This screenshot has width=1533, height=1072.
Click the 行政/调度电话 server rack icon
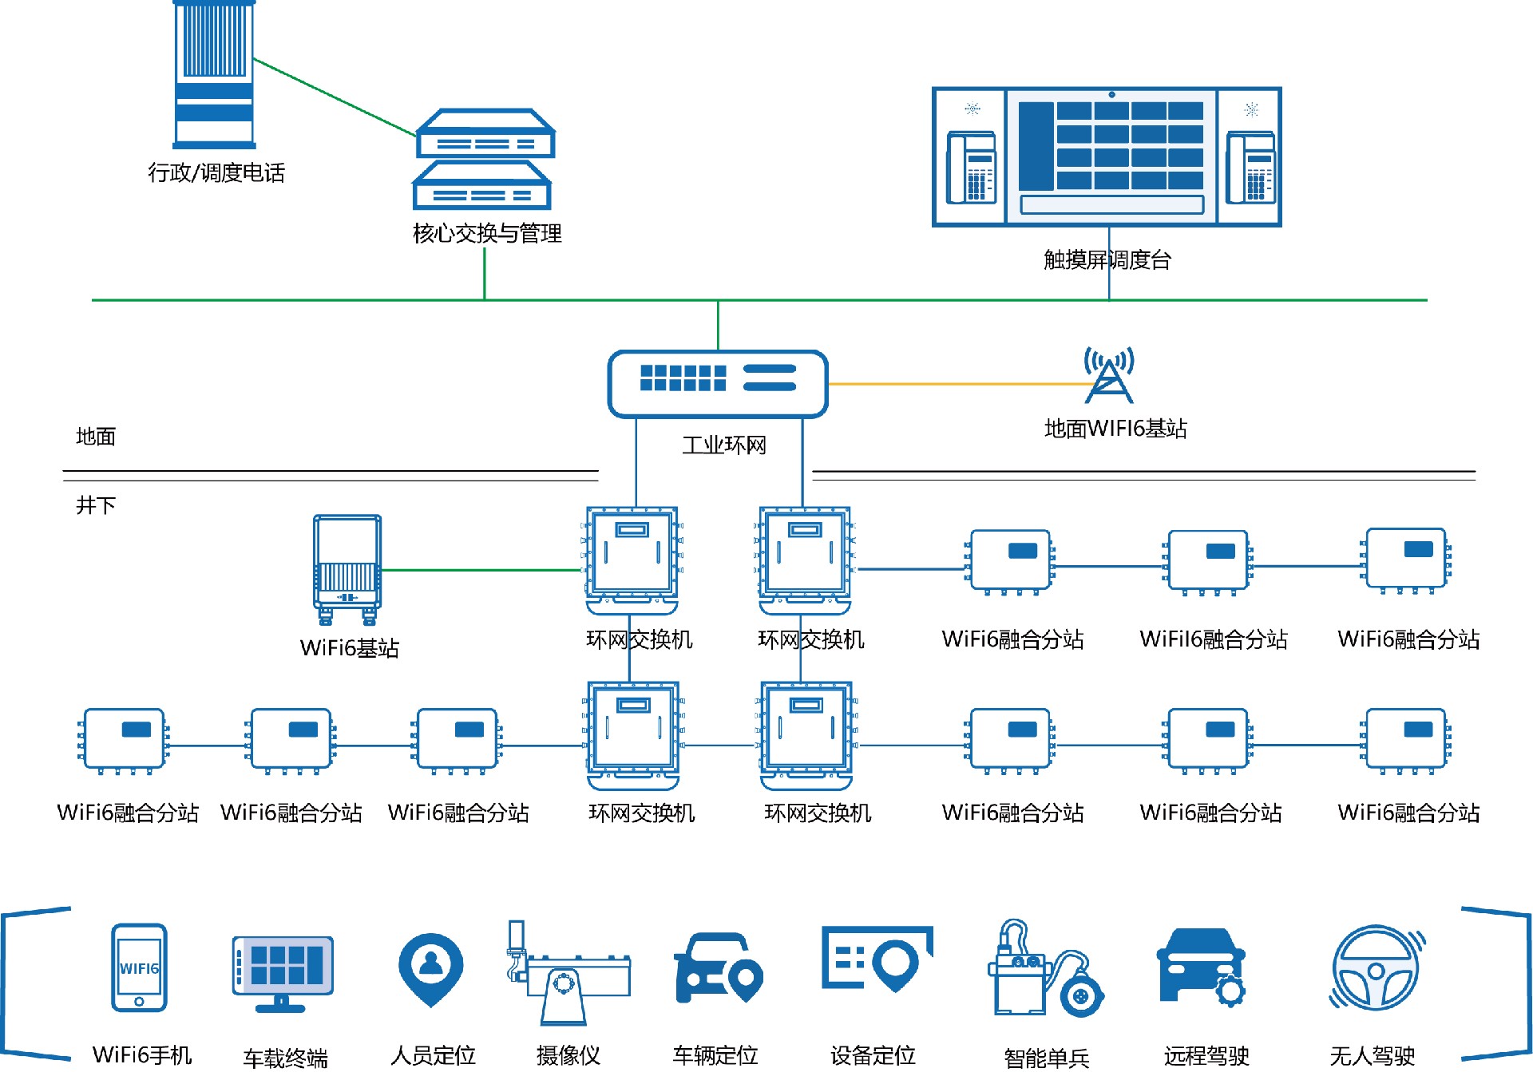point(214,74)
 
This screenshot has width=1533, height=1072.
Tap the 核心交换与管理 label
point(487,234)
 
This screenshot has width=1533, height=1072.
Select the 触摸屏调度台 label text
point(1107,260)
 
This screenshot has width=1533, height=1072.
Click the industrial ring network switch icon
point(717,384)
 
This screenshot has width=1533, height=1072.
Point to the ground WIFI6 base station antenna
point(1108,375)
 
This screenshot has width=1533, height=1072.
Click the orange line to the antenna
point(958,384)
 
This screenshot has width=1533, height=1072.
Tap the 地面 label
point(96,437)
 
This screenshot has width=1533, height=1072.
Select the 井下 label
point(96,505)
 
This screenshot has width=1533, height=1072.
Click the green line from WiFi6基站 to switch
point(479,570)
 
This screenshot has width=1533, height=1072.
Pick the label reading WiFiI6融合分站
point(1213,639)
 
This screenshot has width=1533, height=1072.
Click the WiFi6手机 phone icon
point(139,967)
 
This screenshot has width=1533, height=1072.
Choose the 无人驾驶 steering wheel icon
point(1376,967)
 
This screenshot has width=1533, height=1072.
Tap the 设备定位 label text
point(873,1055)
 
